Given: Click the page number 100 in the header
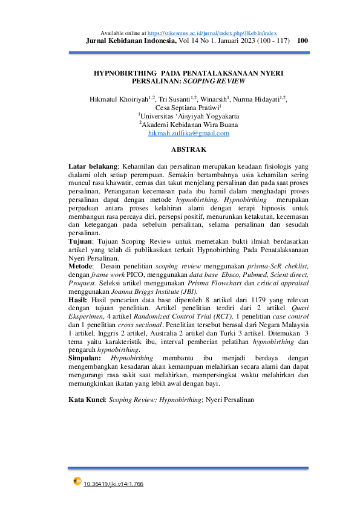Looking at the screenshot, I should coord(304,41).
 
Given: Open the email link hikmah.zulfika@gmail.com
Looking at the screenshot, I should coord(189,134).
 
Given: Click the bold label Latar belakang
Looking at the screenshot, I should coord(94,166).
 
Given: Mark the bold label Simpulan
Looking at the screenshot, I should coord(85,358).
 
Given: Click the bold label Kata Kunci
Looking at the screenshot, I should coord(87,400).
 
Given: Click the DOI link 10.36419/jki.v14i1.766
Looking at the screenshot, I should coord(113,484).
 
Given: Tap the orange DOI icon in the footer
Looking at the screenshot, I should coord(77,482).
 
